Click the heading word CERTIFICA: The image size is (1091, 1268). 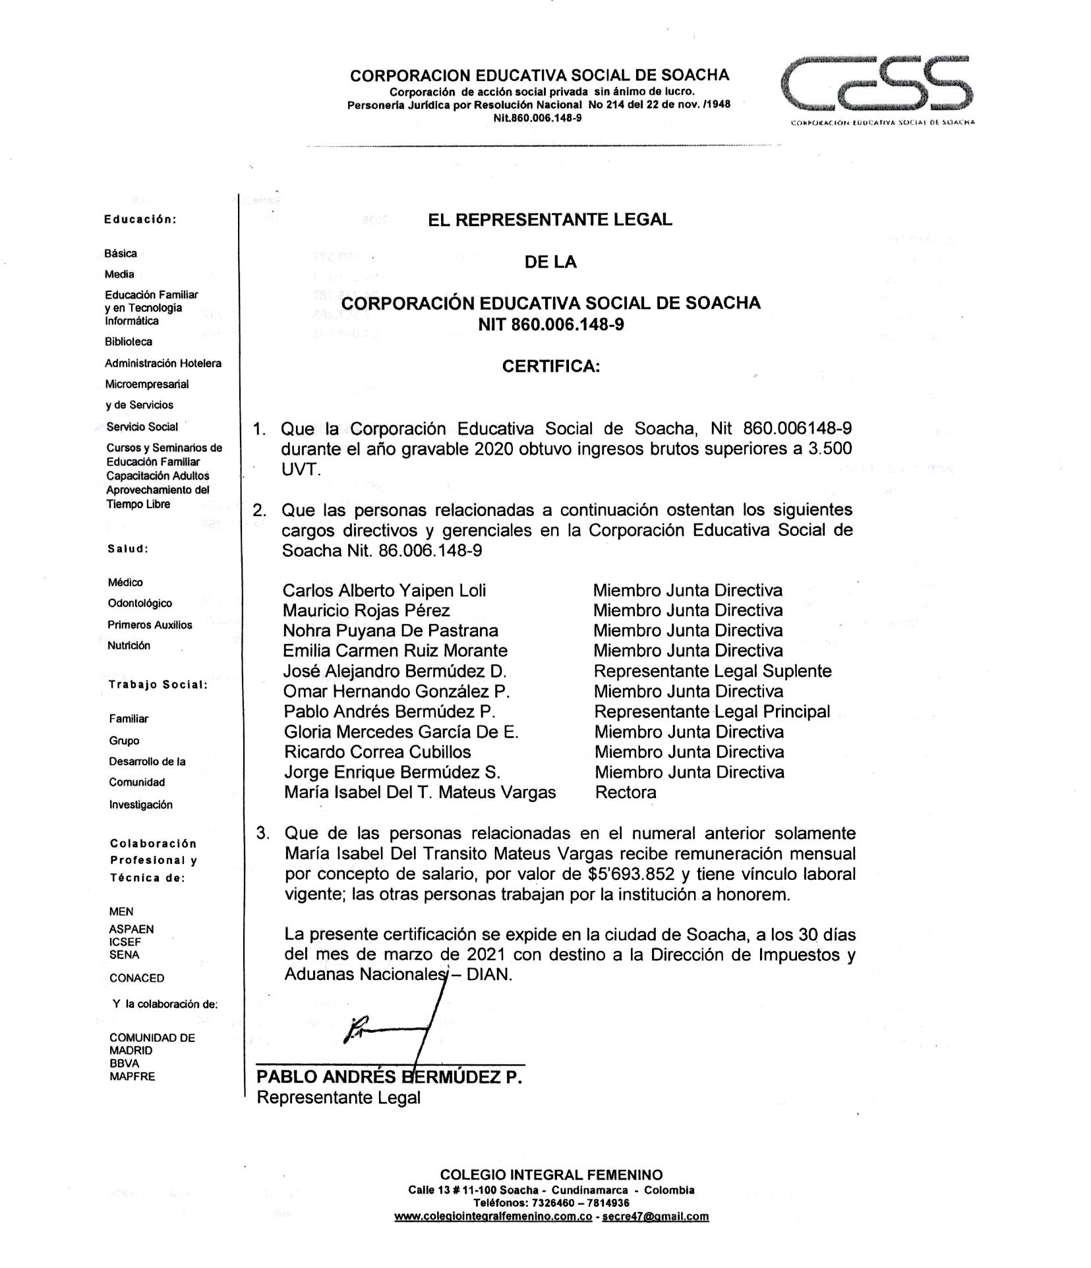(x=551, y=366)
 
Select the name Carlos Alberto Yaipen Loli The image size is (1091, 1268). (x=384, y=591)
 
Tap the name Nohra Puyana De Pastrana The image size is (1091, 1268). (x=390, y=631)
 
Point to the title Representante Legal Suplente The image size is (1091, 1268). (x=712, y=672)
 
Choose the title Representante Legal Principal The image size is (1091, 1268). (x=712, y=712)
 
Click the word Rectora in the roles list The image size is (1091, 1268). (x=626, y=793)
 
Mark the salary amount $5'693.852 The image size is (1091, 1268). (x=632, y=875)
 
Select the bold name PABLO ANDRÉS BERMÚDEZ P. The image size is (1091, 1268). (x=389, y=1077)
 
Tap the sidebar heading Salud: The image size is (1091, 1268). (x=128, y=548)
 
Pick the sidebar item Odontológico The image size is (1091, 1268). (x=140, y=603)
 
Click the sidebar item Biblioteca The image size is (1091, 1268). (x=129, y=342)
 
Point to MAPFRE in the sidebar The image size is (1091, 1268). (x=133, y=1076)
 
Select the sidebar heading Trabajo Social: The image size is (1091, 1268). (x=158, y=685)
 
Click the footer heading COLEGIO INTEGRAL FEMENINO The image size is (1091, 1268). (x=551, y=1174)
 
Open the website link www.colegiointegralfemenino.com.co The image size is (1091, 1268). (x=492, y=1217)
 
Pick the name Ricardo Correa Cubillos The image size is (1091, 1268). (x=378, y=752)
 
